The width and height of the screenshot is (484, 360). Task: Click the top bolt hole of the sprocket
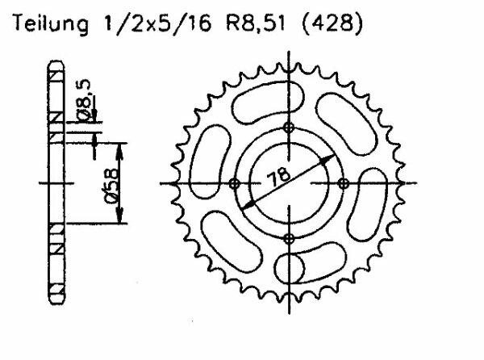point(290,129)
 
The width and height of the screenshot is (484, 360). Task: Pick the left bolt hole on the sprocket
point(235,183)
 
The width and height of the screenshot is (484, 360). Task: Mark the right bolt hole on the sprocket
point(344,183)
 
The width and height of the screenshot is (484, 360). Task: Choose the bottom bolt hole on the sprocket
point(290,237)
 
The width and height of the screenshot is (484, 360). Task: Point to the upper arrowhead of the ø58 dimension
point(121,146)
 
